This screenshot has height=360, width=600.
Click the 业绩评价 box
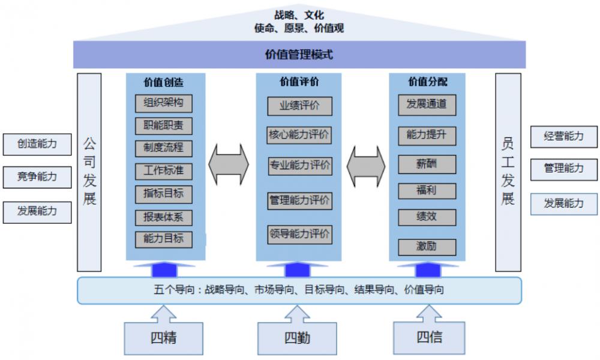click(x=299, y=106)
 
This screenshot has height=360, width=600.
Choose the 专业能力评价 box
click(x=299, y=166)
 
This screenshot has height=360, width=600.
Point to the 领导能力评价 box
click(x=299, y=235)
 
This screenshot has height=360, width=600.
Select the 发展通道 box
click(x=427, y=104)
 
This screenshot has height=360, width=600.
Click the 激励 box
click(x=427, y=247)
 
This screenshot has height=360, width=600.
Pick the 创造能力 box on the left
click(x=37, y=144)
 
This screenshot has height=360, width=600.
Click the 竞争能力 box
click(x=37, y=177)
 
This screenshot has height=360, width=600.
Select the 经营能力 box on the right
click(x=564, y=136)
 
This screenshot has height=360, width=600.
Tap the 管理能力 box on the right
click(x=564, y=169)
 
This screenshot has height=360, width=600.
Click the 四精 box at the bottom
click(x=163, y=338)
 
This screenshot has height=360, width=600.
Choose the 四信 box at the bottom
click(x=430, y=337)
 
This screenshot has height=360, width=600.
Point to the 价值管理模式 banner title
click(x=299, y=55)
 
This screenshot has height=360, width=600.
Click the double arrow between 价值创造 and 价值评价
click(x=228, y=164)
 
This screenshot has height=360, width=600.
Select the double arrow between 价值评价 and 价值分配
click(x=366, y=164)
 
